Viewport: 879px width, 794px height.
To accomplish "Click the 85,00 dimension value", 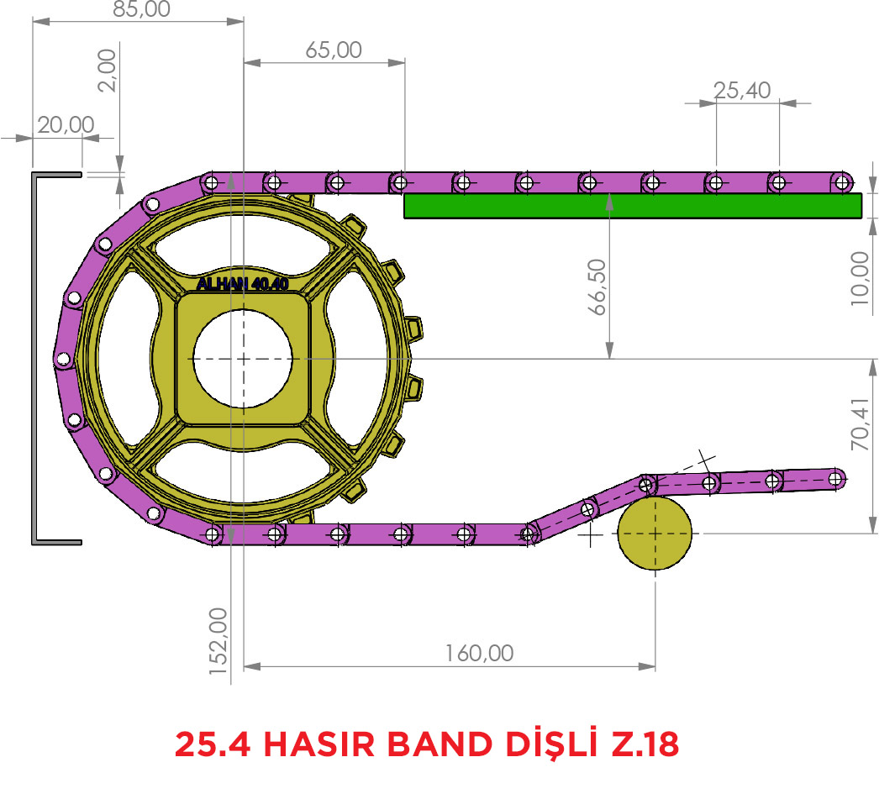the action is (141, 8).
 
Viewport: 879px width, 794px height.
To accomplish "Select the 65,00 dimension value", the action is (334, 50).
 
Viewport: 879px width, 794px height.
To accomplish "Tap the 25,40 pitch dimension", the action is (742, 91).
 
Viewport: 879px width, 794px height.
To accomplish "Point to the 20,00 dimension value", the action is (66, 125).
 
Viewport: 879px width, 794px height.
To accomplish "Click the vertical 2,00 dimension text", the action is (107, 71).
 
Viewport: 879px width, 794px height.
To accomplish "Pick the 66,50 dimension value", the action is (597, 287).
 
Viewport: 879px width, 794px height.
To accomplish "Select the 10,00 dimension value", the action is (860, 278).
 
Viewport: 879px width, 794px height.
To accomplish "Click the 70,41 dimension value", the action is (860, 424).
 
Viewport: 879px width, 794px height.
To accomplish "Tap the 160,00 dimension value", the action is (479, 654).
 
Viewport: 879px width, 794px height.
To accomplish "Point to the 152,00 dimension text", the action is (218, 641).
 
